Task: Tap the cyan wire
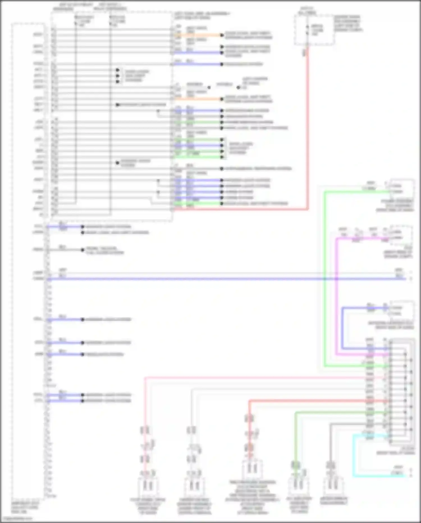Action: point(354,455)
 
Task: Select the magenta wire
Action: point(337,295)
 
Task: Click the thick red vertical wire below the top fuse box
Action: point(308,126)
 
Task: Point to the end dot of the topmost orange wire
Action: point(222,35)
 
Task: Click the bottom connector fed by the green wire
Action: point(298,485)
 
